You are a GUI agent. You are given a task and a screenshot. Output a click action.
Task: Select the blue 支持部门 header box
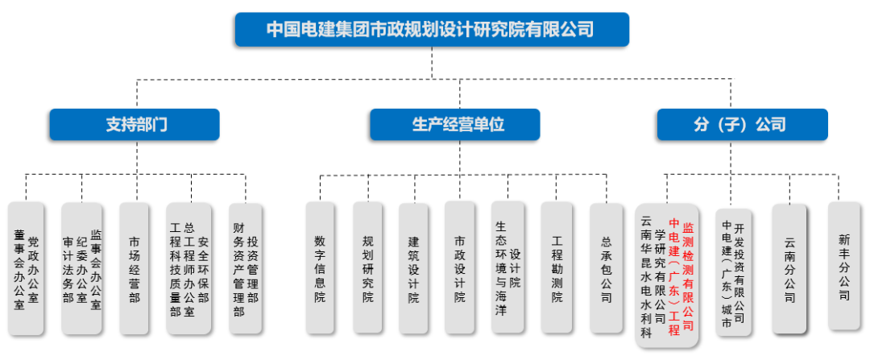tap(134, 125)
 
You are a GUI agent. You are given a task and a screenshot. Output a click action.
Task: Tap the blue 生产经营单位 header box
tap(454, 125)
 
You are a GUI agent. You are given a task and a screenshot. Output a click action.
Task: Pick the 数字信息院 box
tap(321, 268)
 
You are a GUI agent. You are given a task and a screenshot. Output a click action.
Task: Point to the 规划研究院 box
tap(367, 268)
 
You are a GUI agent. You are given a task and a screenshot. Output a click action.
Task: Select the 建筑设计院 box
tap(413, 268)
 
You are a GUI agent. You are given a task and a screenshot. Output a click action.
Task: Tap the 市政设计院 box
tap(459, 268)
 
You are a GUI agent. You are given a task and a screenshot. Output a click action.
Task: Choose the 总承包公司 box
tap(606, 268)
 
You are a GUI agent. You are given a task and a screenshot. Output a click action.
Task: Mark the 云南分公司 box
tap(789, 268)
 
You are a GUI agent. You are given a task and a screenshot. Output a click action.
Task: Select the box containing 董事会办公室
tap(26, 268)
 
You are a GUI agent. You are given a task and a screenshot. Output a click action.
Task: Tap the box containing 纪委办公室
tap(81, 268)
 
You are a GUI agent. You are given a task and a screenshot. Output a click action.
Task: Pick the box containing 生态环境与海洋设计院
tap(507, 268)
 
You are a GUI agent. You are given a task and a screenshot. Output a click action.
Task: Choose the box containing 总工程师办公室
tap(188, 268)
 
